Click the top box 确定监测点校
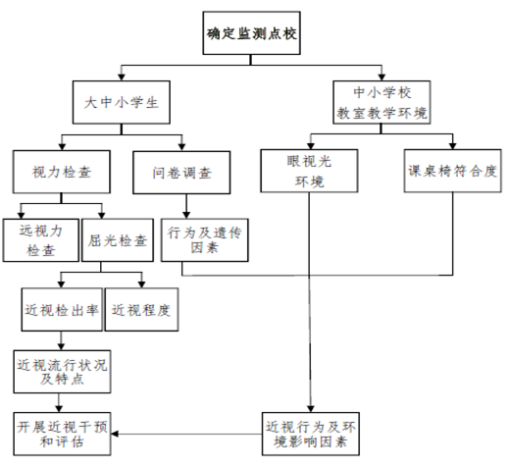tap(251, 33)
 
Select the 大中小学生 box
tap(122, 102)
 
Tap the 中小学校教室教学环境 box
tap(382, 102)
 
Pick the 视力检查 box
tap(62, 172)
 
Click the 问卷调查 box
tap(181, 173)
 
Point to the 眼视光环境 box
tap(309, 171)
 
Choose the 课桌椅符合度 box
tap(452, 171)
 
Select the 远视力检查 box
tap(41, 240)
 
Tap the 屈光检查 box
tap(118, 240)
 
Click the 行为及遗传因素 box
tap(205, 240)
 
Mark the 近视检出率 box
tap(62, 309)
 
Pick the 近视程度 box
tap(141, 309)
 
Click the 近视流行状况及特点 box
tap(62, 372)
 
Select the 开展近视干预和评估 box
tap(62, 434)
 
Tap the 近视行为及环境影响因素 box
tap(311, 434)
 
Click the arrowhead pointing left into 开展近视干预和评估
tap(115, 434)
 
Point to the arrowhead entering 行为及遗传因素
tap(186, 215)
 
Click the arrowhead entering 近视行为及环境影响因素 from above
tap(311, 409)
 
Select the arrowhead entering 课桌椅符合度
tap(452, 146)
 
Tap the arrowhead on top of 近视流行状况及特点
tap(61, 346)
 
